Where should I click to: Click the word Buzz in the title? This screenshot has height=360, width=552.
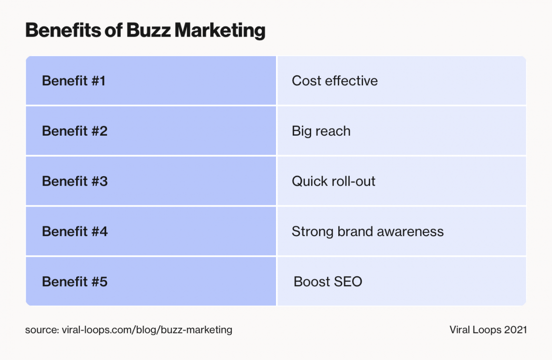(148, 30)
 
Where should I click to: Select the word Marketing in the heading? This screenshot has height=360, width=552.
(220, 30)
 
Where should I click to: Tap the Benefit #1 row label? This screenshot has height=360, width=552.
(74, 81)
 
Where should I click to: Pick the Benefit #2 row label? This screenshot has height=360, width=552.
(75, 131)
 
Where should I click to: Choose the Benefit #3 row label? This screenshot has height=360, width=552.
(75, 181)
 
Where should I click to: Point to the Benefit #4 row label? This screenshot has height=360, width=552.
(75, 232)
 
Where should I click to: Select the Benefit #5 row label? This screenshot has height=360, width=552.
(75, 282)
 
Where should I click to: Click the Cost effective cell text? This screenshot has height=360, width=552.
(335, 81)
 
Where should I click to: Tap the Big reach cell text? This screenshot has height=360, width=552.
(321, 131)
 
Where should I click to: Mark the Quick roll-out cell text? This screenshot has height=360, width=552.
(333, 181)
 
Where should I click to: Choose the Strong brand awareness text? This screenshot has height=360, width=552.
(367, 232)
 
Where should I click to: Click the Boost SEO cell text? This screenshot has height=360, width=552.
(328, 282)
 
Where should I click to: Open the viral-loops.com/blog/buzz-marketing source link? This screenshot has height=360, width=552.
(147, 330)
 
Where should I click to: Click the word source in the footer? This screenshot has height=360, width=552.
(41, 330)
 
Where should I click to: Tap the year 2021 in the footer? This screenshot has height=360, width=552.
(515, 330)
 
